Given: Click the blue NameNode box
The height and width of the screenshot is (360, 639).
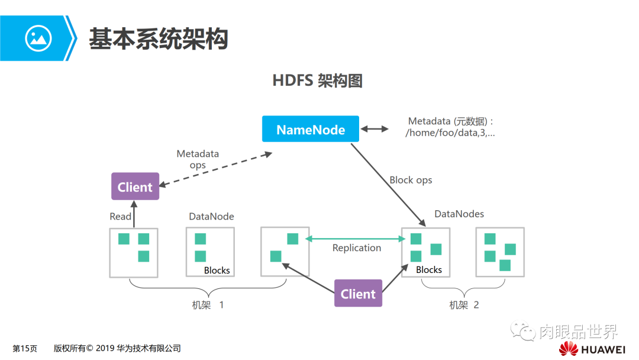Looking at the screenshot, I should (311, 129).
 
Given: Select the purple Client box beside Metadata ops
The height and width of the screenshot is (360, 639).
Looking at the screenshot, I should (135, 187).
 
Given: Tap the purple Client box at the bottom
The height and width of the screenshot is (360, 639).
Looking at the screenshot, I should (358, 293).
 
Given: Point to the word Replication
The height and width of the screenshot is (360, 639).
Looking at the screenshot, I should (356, 248).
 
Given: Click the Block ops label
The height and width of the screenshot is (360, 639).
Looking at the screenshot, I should (411, 180).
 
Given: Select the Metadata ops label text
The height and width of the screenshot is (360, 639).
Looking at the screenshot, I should (198, 159).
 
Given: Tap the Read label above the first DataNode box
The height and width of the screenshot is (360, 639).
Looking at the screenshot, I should (120, 217).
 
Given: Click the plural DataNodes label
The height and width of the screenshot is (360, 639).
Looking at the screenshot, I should (459, 214).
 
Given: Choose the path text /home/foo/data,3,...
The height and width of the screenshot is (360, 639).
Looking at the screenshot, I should (450, 133).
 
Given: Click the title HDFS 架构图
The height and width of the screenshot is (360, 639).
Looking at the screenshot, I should (317, 81).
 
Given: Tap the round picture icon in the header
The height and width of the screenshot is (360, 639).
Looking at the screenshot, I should (38, 38).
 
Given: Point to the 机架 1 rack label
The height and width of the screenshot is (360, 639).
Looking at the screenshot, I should (208, 305).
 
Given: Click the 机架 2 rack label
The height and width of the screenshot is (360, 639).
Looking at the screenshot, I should (464, 305).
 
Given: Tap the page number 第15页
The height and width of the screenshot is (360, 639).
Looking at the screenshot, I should (25, 349).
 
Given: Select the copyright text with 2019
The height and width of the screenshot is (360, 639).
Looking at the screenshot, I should (117, 349).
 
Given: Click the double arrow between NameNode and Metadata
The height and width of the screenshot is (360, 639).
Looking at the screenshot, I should (375, 129).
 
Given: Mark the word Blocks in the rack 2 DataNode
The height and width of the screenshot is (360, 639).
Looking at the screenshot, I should (429, 270).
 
